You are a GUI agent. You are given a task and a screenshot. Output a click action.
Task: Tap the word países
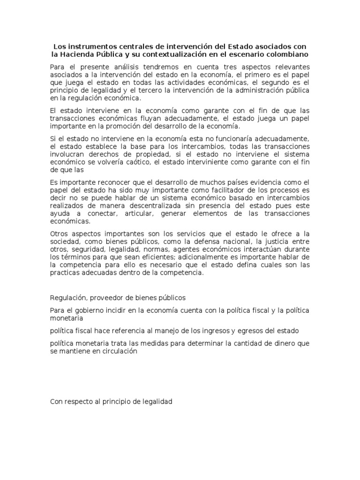(240, 182)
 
